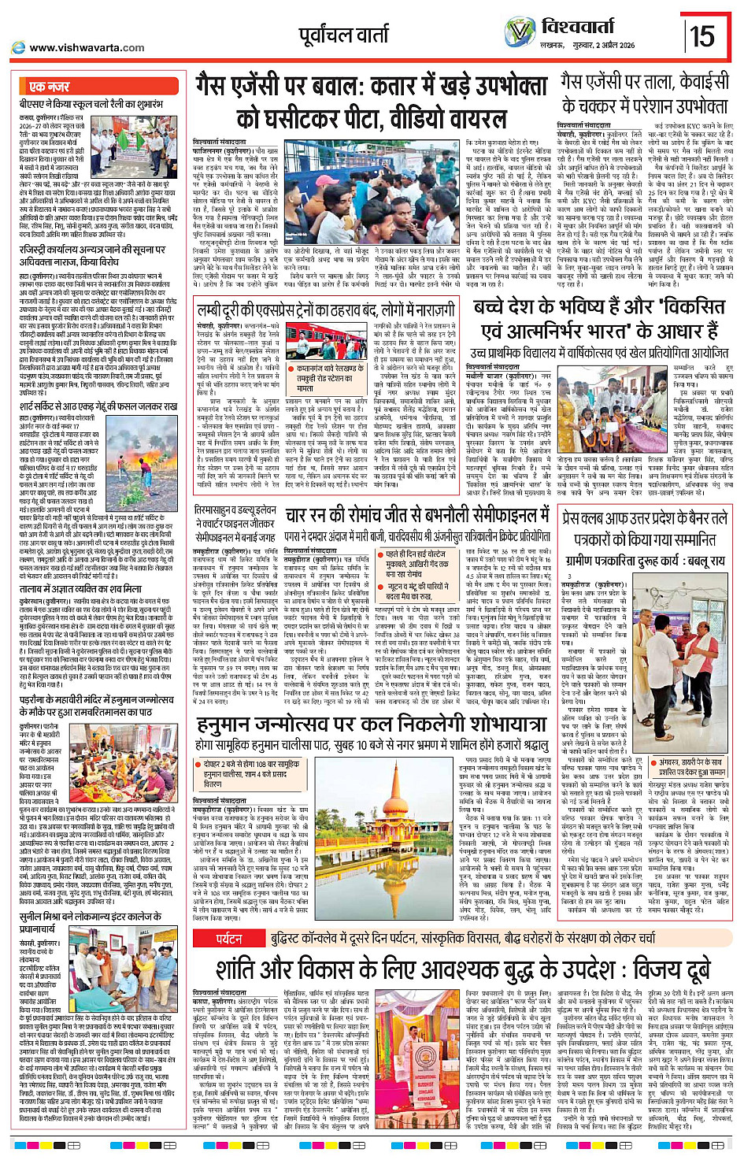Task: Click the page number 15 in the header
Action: [702, 36]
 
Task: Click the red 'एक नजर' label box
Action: [49, 87]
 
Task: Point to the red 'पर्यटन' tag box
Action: [229, 939]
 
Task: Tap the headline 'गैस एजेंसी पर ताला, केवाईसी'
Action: [644, 82]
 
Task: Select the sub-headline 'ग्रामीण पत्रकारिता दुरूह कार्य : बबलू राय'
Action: [645, 561]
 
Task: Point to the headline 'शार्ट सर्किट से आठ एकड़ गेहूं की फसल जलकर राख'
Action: [98, 406]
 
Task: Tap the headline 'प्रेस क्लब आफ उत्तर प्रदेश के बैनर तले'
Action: [645, 519]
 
